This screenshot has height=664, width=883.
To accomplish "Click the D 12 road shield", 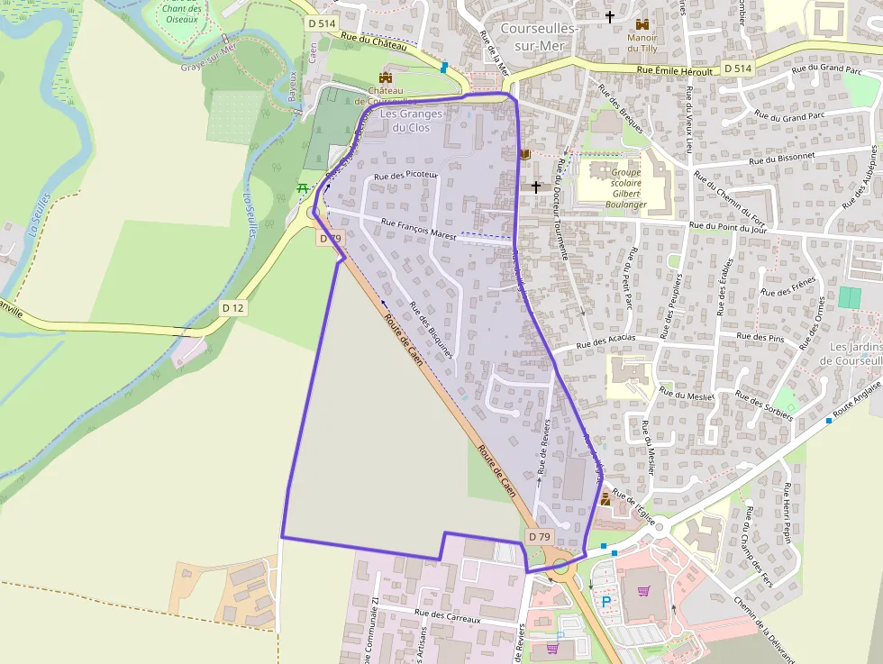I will (232, 308).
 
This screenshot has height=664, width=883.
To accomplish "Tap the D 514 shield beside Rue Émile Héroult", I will (737, 68).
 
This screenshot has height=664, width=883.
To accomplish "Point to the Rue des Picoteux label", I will (405, 176).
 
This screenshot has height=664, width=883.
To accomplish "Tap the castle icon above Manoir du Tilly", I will (642, 24).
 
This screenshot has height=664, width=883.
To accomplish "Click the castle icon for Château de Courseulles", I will (387, 77).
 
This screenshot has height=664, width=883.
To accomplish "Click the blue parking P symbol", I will (605, 602).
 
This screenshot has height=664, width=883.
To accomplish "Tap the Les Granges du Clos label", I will (412, 121).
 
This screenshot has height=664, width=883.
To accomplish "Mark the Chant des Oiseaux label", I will (182, 14).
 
